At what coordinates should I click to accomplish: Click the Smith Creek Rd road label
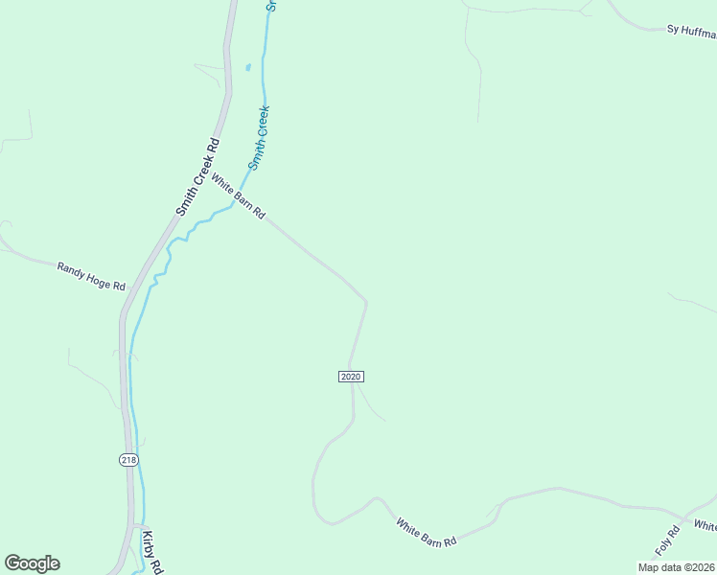pyautogui.click(x=198, y=175)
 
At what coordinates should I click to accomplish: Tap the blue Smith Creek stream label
pyautogui.click(x=260, y=138)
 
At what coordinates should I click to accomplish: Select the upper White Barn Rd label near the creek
pyautogui.click(x=238, y=196)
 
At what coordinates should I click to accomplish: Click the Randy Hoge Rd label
pyautogui.click(x=91, y=276)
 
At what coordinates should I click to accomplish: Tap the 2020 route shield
pyautogui.click(x=351, y=377)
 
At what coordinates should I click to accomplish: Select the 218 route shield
pyautogui.click(x=129, y=460)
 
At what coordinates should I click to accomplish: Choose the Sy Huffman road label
pyautogui.click(x=691, y=31)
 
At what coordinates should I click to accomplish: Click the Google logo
pyautogui.click(x=32, y=563)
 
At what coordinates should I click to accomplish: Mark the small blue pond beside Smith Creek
pyautogui.click(x=248, y=67)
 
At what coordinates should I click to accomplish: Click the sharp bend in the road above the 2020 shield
pyautogui.click(x=365, y=302)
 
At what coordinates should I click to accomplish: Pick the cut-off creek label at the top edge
pyautogui.click(x=270, y=6)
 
